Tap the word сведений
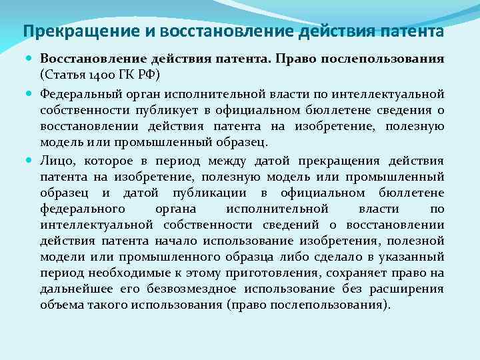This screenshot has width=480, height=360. [x=269, y=225]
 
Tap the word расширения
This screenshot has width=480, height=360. [x=411, y=289]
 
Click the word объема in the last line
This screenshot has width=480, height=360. [x=61, y=305]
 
